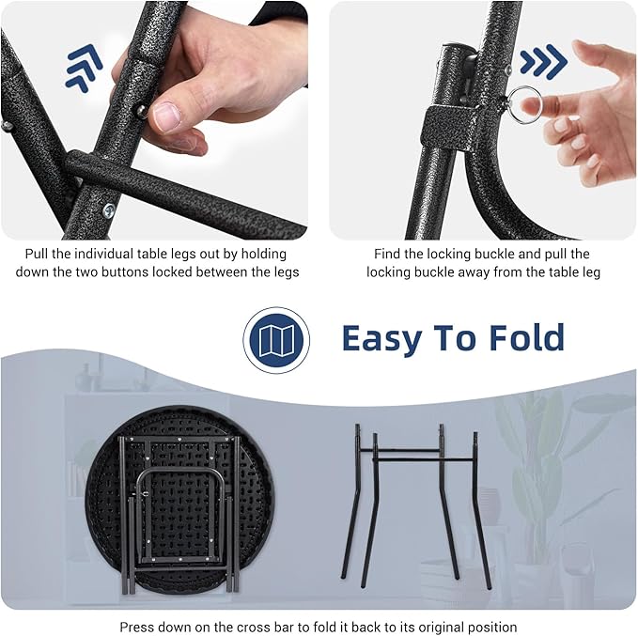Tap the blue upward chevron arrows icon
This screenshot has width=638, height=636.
[84, 68]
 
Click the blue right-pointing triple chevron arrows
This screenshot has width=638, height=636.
[543, 61]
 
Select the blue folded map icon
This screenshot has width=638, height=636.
[276, 340]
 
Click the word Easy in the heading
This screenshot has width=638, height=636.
[381, 338]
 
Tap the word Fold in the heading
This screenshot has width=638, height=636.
[526, 337]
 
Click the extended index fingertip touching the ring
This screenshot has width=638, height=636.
[529, 106]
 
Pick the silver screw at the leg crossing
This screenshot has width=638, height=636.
[109, 210]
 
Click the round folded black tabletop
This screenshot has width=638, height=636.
[179, 500]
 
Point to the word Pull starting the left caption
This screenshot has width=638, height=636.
[37, 254]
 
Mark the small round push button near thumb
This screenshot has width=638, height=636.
[141, 111]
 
